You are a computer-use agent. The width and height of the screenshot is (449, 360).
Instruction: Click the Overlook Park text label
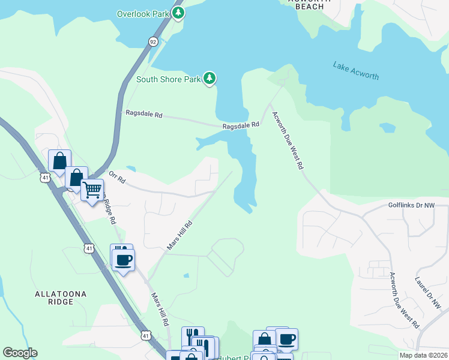click(143, 13)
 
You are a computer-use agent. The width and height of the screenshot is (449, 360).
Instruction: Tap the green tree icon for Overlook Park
click(178, 13)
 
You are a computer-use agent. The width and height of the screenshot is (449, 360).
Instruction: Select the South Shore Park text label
click(167, 79)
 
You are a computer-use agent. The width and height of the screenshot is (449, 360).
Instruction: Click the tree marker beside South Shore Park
click(209, 78)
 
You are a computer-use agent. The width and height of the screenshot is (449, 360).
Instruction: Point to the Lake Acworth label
click(356, 70)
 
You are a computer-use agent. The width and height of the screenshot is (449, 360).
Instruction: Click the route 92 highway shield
click(154, 41)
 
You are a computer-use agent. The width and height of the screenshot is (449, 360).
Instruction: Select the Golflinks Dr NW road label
click(415, 205)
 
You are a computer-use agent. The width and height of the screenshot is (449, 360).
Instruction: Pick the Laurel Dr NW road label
click(428, 292)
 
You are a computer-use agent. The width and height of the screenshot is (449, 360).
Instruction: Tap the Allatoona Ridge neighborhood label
click(61, 298)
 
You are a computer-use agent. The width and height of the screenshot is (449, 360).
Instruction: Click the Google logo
click(20, 353)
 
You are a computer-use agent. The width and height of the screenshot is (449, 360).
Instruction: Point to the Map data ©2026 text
click(423, 355)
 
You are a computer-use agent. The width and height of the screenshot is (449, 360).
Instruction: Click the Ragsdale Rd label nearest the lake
click(241, 125)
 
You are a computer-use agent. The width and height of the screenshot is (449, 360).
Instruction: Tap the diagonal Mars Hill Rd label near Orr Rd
click(179, 235)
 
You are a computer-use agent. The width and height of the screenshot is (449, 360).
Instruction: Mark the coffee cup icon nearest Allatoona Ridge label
click(124, 260)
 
